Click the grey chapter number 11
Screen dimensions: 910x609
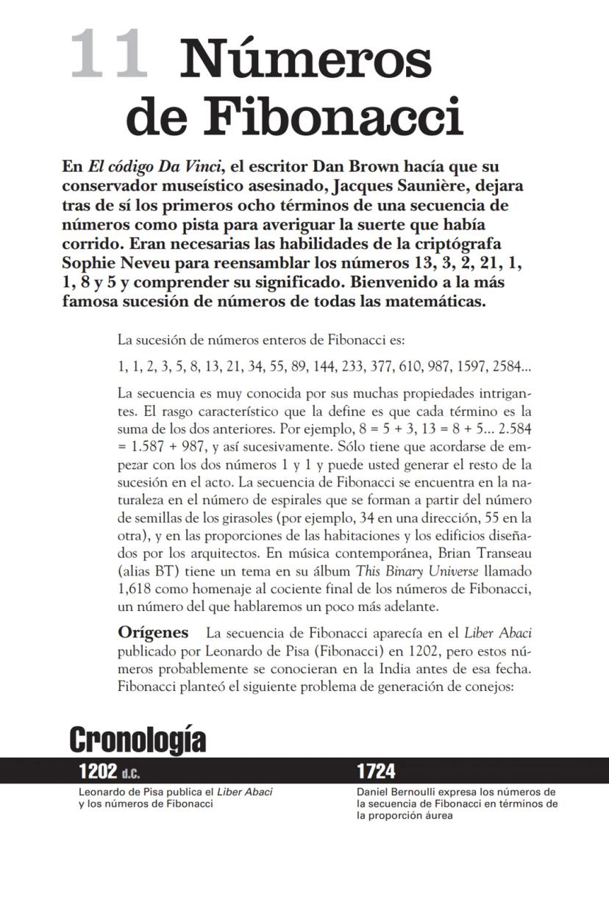click(x=109, y=55)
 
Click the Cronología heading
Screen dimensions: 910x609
click(x=138, y=740)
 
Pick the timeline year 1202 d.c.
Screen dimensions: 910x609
click(x=109, y=771)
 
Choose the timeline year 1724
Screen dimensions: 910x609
click(x=376, y=771)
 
